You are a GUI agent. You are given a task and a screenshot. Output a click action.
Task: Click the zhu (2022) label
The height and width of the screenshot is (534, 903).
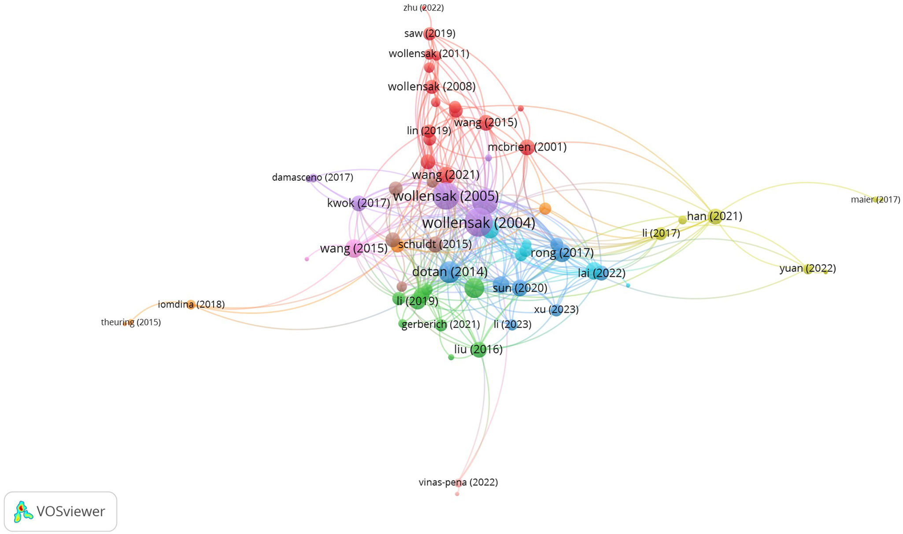point(423,8)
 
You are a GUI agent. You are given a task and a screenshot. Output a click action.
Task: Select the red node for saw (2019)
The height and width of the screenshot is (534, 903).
point(429,33)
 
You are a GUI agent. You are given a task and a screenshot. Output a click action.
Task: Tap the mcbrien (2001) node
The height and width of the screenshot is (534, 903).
point(526,147)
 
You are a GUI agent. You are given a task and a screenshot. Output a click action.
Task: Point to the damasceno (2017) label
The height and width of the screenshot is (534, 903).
point(312,178)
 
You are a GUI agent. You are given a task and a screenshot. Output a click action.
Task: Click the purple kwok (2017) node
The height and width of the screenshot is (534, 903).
point(359,203)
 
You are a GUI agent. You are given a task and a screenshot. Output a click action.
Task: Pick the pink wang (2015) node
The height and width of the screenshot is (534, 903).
point(353,249)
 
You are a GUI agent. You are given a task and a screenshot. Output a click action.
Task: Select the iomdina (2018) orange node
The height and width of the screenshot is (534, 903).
point(191,304)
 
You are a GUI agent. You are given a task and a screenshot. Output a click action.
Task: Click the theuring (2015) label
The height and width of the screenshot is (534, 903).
point(131,322)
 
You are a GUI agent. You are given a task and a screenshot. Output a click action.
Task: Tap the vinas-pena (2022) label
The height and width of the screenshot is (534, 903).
point(458,483)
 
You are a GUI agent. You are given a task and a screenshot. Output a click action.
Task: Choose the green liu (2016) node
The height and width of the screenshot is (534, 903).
point(479,349)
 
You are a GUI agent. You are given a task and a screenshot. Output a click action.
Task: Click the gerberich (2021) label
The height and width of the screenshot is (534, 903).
point(440,325)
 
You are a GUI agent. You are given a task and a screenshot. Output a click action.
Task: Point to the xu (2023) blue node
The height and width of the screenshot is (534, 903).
point(556,310)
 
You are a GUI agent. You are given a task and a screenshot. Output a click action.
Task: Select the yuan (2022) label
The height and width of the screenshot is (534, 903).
point(807,268)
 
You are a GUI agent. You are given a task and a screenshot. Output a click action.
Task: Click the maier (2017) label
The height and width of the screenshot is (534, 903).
point(875,200)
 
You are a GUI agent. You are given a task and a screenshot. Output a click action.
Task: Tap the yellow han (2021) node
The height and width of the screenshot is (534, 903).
point(715,216)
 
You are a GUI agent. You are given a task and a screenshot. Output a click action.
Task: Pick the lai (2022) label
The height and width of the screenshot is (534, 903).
point(601,273)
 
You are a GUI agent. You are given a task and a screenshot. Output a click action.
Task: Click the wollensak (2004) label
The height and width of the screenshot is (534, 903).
point(478,223)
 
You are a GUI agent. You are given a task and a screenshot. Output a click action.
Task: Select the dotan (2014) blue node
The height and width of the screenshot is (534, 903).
point(449,272)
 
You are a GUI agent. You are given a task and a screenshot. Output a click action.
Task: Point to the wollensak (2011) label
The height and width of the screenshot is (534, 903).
point(429,54)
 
